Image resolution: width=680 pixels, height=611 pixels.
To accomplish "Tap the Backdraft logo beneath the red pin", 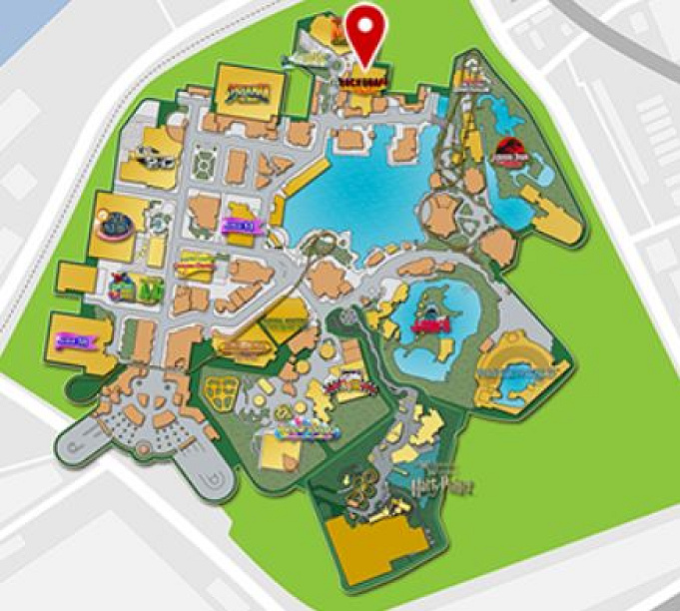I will click(362, 77).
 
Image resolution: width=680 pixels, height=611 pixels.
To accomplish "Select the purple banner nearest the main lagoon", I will click(240, 225).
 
